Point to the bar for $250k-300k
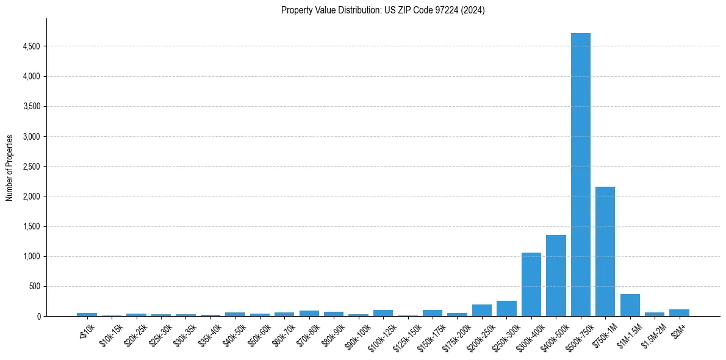point(506,309)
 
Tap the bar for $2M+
point(679,313)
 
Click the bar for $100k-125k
point(383,313)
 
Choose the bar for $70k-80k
point(309,314)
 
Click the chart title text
point(383,10)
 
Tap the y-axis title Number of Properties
point(10,167)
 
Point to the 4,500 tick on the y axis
point(31,46)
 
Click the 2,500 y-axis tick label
point(31,167)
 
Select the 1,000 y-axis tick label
point(31,256)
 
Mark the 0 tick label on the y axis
point(38,316)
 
